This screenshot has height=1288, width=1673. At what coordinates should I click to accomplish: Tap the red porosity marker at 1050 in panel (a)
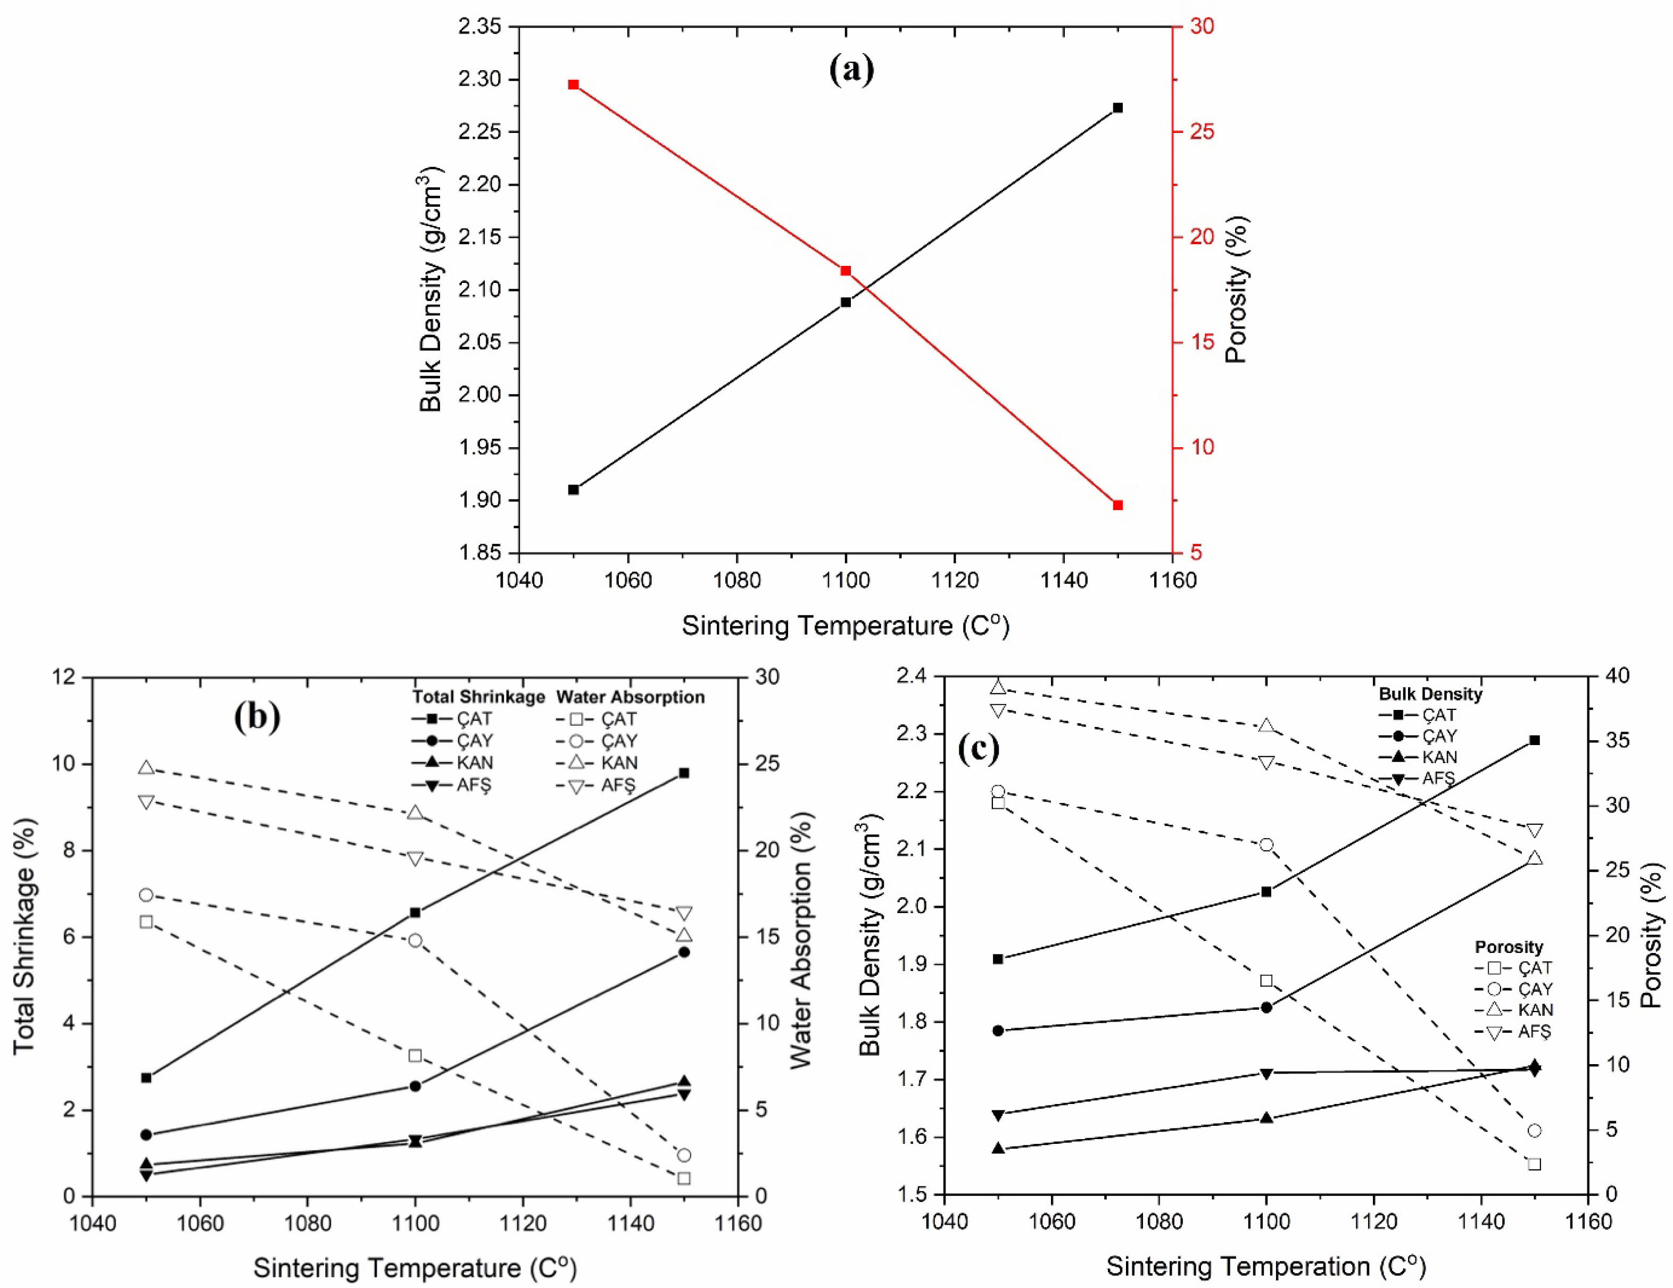click(x=573, y=84)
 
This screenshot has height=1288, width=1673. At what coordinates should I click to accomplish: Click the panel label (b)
click(x=256, y=716)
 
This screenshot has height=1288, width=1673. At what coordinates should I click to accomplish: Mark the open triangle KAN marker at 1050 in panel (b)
click(x=146, y=768)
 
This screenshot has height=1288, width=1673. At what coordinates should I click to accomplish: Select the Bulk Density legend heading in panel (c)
click(x=1430, y=694)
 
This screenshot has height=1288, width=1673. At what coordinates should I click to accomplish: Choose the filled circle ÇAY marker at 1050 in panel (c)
click(x=997, y=1031)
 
